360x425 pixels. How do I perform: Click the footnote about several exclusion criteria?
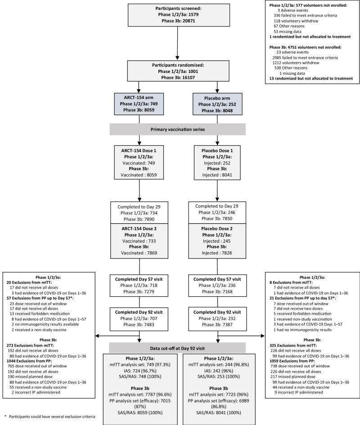pyautogui.click(x=49, y=416)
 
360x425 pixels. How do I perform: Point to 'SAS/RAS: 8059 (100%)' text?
pyautogui.click(x=139, y=398)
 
